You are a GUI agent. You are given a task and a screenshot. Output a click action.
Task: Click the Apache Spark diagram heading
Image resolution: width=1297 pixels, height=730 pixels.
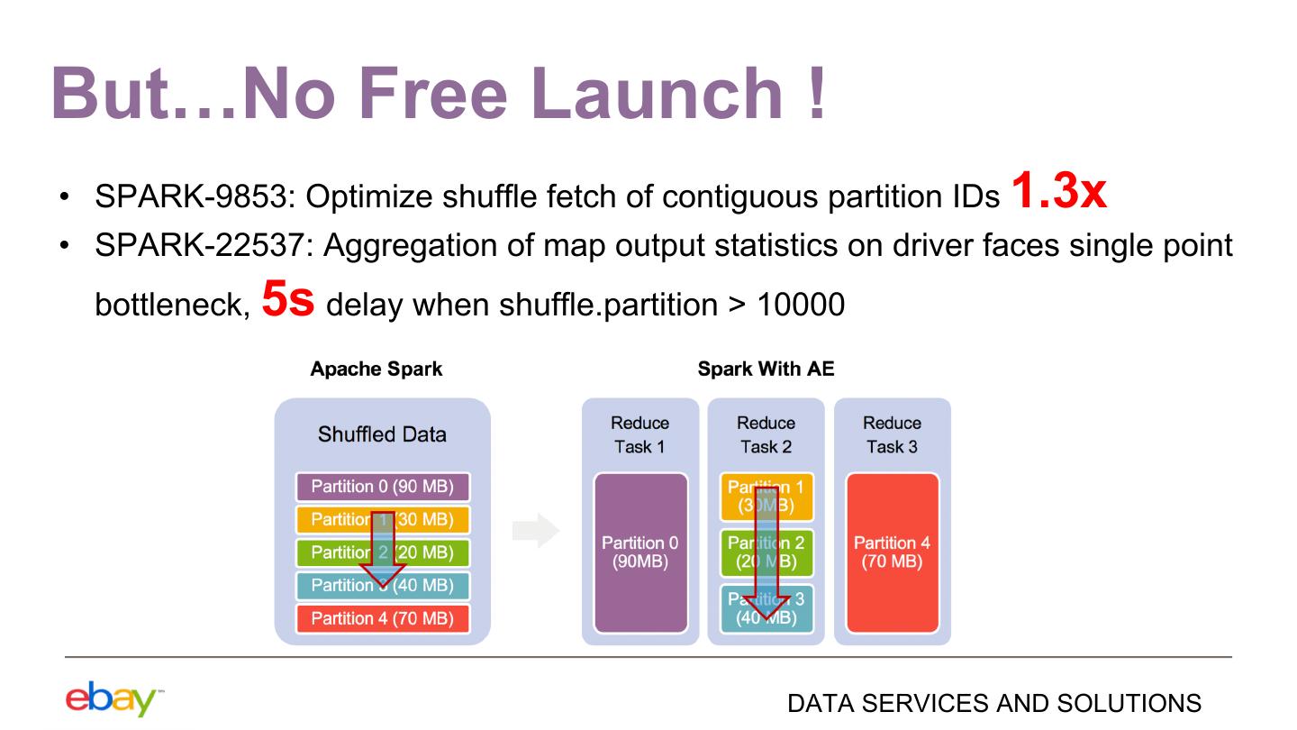point(376,370)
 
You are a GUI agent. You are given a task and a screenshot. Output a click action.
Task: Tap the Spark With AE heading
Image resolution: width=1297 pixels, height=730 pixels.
point(766,370)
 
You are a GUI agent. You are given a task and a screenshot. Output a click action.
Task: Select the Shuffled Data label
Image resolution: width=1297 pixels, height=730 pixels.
point(382,434)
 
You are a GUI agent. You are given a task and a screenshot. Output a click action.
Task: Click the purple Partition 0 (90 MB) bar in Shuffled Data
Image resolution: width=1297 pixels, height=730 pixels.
point(382,488)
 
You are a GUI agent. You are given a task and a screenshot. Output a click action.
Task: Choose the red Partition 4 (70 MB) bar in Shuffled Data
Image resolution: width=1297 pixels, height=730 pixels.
point(382,618)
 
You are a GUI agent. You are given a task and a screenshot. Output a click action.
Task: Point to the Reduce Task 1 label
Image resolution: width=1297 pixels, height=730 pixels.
point(639,434)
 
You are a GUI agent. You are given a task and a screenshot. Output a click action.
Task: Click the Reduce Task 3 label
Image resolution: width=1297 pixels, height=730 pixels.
point(892,434)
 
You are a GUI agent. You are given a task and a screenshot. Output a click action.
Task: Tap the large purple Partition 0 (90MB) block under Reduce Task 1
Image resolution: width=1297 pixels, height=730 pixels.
point(640,552)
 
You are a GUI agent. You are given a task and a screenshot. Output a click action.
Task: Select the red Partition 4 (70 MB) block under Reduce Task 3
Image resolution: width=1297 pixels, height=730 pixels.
point(893,552)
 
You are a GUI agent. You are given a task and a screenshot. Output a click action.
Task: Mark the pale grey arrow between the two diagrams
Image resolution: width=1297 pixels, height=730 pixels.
point(536,532)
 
